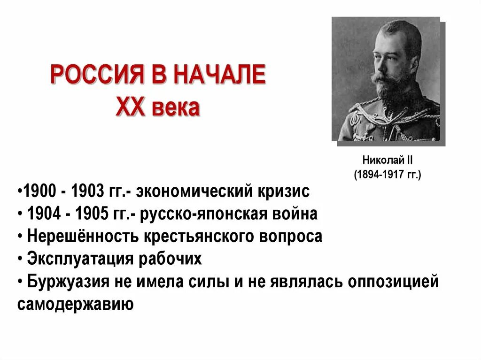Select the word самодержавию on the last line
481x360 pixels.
[76, 304]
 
